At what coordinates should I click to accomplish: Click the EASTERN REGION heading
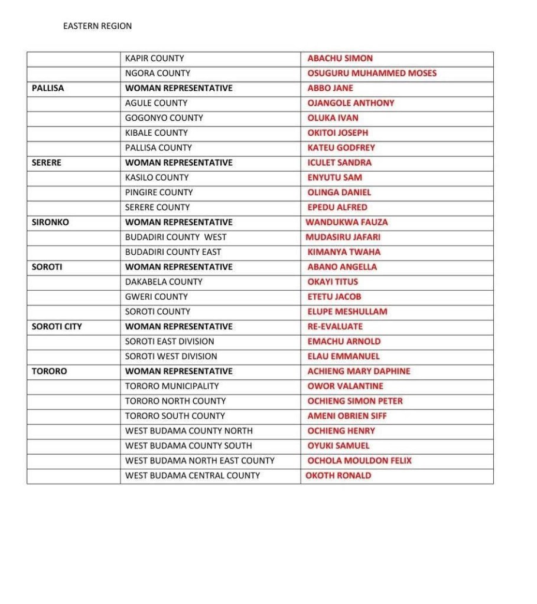pos(97,26)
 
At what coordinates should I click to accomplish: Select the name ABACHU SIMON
pos(340,58)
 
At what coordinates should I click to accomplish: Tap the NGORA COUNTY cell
pos(157,73)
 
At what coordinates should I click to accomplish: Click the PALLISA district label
pos(48,88)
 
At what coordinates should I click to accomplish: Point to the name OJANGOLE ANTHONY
pos(350,103)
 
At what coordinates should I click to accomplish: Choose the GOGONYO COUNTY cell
pos(164,118)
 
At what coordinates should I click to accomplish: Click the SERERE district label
pos(46,162)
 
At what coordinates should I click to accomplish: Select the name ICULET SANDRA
pos(339,162)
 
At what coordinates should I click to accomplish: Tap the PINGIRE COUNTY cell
pos(158,192)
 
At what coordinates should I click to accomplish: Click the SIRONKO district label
pos(50,222)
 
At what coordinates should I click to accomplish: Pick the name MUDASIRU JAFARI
pos(343,237)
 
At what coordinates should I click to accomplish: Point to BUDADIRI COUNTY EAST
pos(173,252)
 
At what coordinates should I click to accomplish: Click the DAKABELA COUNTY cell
pos(163,282)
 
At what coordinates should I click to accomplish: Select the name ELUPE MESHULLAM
pos(347,311)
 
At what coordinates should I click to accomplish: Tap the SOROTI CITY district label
pos(57,326)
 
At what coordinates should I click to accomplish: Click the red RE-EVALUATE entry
pos(335,326)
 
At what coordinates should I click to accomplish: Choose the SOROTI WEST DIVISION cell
pos(171,356)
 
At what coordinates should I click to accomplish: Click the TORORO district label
pos(49,371)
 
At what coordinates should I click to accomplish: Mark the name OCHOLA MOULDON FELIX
pos(359,460)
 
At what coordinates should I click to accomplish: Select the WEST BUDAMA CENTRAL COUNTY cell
pos(192,475)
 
